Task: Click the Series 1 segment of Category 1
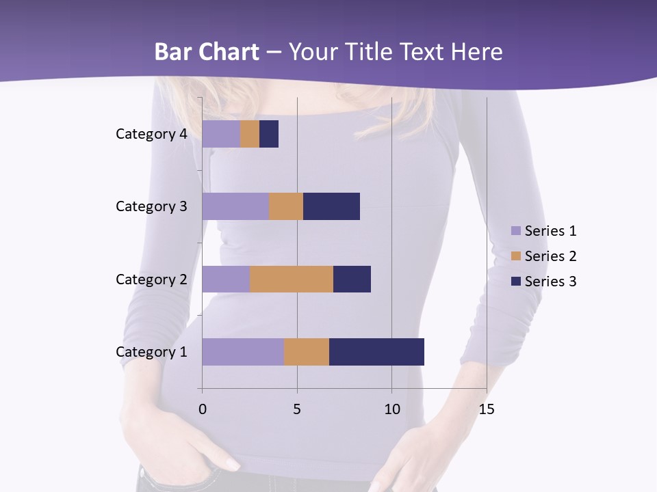point(243,352)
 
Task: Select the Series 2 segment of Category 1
point(307,352)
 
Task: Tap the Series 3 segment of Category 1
point(376,352)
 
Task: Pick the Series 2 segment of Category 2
point(292,279)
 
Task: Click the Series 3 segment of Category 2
point(352,279)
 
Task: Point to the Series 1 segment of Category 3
point(235,206)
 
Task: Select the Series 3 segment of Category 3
point(331,206)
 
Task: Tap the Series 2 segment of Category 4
point(250,134)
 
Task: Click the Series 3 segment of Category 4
point(269,134)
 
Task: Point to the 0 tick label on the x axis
point(202,409)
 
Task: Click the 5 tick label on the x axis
point(297,409)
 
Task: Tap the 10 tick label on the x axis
point(391,409)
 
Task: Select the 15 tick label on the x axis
point(486,409)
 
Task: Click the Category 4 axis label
point(151,134)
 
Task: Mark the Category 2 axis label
point(151,279)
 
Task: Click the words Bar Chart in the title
point(206,52)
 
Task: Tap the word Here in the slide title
point(476,52)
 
